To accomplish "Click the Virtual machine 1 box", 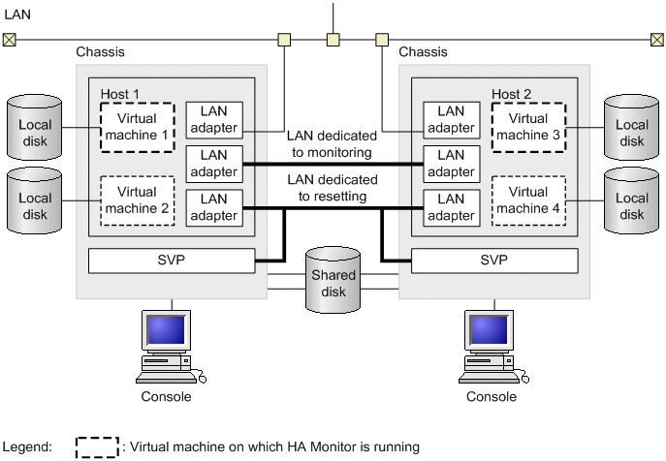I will coord(138,127).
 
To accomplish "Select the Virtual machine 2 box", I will coord(138,200).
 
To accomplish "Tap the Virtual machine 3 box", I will coord(528,127).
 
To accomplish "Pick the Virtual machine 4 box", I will coord(528,200).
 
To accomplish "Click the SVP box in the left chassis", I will coord(172,261).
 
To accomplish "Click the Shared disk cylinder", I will coord(333,282).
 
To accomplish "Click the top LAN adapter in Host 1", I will coord(213,120).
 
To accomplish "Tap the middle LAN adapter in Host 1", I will coord(213,164).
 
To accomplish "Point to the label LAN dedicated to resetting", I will coord(333,188).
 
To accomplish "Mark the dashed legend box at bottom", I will coord(98,446).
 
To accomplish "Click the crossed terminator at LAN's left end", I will coord(9,40).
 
